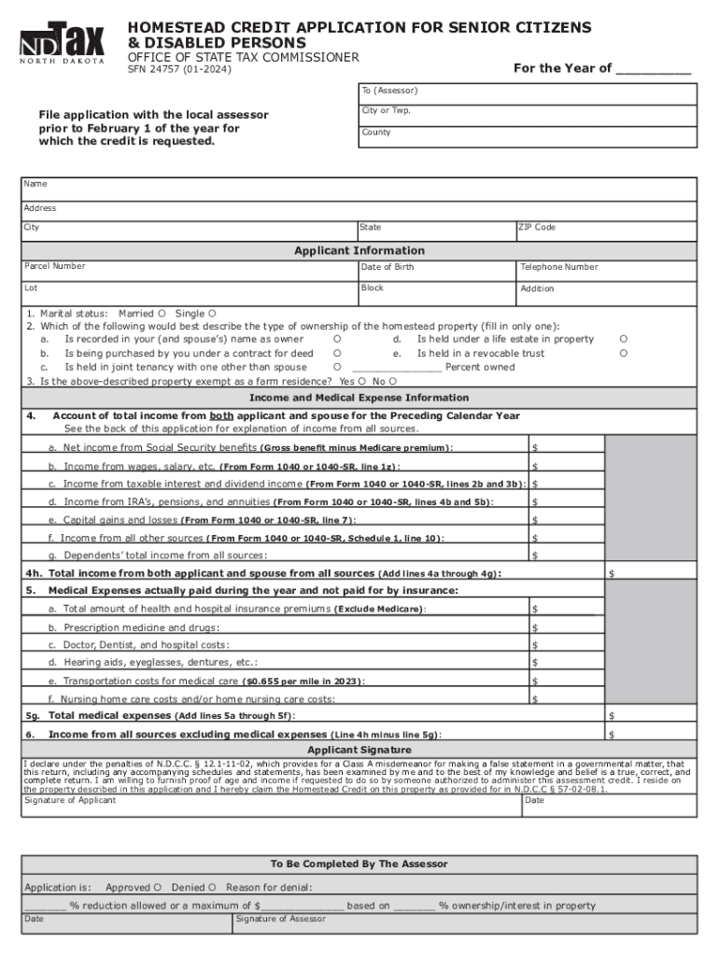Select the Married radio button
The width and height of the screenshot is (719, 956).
(162, 314)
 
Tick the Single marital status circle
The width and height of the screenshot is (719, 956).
(212, 314)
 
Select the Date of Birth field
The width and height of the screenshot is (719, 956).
(436, 271)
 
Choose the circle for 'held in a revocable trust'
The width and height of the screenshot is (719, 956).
(624, 354)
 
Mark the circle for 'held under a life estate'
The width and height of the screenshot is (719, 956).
(624, 340)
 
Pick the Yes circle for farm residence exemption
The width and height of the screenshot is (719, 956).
(361, 381)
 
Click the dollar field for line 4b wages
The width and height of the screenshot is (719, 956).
(566, 466)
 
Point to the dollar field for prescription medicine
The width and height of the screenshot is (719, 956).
(566, 627)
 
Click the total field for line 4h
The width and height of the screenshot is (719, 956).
(650, 573)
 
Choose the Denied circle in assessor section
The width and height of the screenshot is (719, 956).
(212, 887)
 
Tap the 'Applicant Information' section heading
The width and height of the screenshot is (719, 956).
(359, 251)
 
